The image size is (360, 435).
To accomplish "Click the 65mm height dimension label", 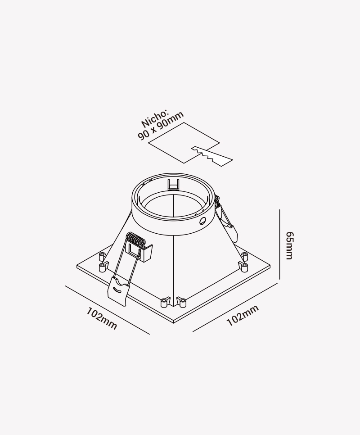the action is (x=289, y=245).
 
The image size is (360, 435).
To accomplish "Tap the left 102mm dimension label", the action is (x=102, y=318).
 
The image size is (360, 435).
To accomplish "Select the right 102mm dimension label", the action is (x=243, y=315).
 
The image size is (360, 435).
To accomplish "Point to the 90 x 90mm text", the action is (x=161, y=126).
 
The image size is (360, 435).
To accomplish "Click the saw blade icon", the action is (x=212, y=156).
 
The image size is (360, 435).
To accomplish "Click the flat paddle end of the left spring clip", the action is (x=118, y=291).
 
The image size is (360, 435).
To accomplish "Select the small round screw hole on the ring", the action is (x=203, y=221).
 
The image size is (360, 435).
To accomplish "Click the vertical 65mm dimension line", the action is (x=279, y=244).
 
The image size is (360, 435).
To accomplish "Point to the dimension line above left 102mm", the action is (x=107, y=310).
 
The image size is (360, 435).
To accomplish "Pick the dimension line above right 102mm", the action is (x=235, y=307).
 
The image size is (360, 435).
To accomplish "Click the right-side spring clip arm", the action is (x=226, y=219).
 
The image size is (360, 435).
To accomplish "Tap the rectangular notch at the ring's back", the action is (x=174, y=185).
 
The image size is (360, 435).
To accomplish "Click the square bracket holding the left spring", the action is (x=139, y=252).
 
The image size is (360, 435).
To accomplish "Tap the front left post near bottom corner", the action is (x=165, y=302).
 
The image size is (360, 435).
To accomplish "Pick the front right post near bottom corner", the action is (x=181, y=302).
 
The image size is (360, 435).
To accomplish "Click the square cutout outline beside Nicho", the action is (x=184, y=143).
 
